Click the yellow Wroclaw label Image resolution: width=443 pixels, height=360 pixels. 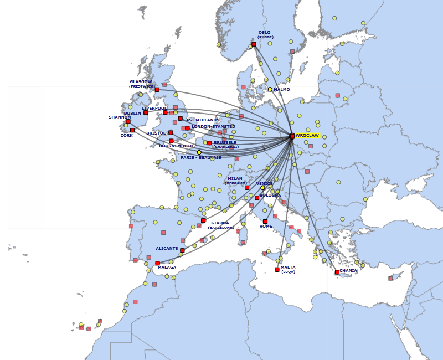(x=307, y=136)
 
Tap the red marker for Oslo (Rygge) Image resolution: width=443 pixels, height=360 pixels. (x=254, y=44)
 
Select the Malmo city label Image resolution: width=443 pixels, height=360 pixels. (x=281, y=89)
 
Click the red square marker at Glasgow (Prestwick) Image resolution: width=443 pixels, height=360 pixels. (x=157, y=90)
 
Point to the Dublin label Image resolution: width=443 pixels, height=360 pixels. (x=132, y=114)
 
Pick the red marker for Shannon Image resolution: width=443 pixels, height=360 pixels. (x=128, y=121)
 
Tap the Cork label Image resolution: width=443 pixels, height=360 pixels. (x=127, y=135)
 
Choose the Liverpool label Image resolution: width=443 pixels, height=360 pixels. (x=153, y=109)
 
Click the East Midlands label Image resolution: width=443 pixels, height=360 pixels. (x=202, y=120)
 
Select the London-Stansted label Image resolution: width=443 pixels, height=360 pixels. (x=213, y=127)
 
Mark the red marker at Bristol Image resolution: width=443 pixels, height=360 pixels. (x=171, y=132)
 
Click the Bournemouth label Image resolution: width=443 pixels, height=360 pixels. (x=176, y=146)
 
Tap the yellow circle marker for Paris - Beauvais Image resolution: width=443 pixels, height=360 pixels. (x=199, y=152)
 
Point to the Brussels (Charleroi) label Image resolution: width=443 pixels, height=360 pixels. (x=225, y=144)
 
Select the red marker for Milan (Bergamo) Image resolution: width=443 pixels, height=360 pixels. (x=247, y=188)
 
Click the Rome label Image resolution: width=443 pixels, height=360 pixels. (x=266, y=227)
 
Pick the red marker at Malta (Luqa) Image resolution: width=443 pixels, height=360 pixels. (x=277, y=270)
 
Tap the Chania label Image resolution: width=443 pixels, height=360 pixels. (x=348, y=271)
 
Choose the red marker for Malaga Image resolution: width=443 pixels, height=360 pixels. (x=158, y=263)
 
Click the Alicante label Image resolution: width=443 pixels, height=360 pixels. (x=167, y=249)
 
